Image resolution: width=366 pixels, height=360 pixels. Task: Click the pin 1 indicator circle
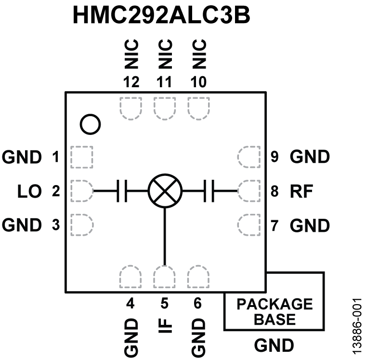[x=91, y=124]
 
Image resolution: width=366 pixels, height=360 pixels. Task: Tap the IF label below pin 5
[x=165, y=330]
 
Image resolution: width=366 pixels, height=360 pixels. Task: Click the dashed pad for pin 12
[x=130, y=108]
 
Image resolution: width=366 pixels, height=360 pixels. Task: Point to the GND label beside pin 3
[x=22, y=225]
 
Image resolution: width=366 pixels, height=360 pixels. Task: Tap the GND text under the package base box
[x=274, y=345]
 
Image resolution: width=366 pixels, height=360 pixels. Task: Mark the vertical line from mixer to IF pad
[x=165, y=236]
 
